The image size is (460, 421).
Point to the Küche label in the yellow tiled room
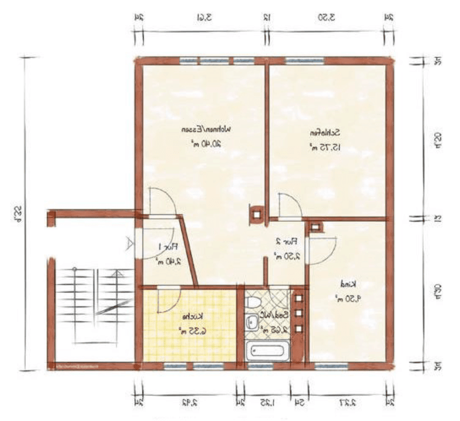192,316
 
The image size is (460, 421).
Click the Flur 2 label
286,241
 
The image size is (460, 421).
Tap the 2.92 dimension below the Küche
189,403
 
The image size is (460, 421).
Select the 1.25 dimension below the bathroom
267,403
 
